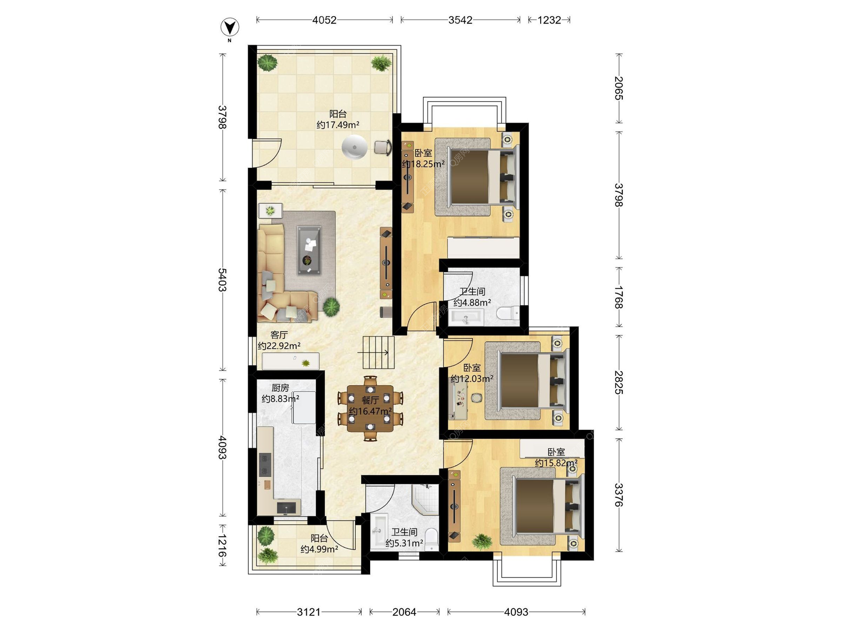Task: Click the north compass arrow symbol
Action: [x=230, y=27]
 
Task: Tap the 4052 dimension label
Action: [x=324, y=20]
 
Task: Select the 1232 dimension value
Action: [x=549, y=20]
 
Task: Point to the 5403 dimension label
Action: [x=222, y=280]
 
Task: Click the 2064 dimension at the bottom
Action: [x=404, y=612]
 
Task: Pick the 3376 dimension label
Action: [x=619, y=495]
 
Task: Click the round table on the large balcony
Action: [x=354, y=147]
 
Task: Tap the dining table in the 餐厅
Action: [x=371, y=408]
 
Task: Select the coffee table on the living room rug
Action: [x=309, y=250]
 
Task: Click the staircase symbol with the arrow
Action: [x=378, y=352]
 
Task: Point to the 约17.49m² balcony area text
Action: [x=338, y=125]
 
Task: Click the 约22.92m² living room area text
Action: [x=279, y=346]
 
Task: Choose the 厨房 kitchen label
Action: [x=280, y=388]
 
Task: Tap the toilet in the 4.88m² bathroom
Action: [x=508, y=313]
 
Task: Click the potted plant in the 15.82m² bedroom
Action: [x=482, y=542]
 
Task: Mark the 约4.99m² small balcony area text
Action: [x=319, y=549]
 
